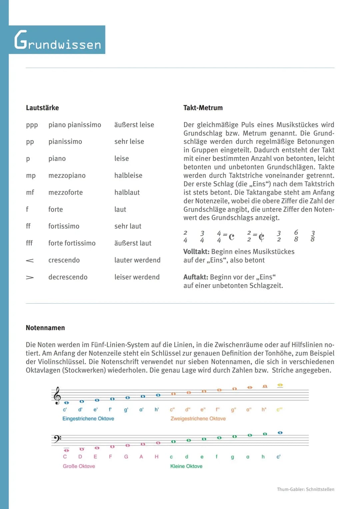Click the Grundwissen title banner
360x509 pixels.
click(57, 40)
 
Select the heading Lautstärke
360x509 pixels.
click(42, 108)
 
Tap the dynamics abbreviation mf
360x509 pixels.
click(30, 193)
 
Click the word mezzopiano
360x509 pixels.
click(67, 176)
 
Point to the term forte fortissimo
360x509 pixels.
click(72, 243)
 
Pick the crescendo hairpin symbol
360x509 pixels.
click(30, 260)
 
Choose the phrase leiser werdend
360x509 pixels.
click(137, 277)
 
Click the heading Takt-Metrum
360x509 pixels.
click(203, 108)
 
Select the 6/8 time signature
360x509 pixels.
click(296, 236)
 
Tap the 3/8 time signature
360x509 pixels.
click(313, 236)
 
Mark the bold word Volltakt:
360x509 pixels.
click(196, 252)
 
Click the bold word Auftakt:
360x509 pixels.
click(196, 277)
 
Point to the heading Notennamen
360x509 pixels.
click(45, 328)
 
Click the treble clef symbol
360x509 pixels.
click(57, 395)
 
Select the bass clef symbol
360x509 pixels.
click(57, 439)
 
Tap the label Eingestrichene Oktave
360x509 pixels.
click(88, 419)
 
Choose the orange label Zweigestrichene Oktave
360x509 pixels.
click(198, 419)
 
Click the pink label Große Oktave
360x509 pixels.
click(79, 466)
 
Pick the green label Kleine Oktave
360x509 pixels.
click(186, 466)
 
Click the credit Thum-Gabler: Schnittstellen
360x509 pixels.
click(305, 489)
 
